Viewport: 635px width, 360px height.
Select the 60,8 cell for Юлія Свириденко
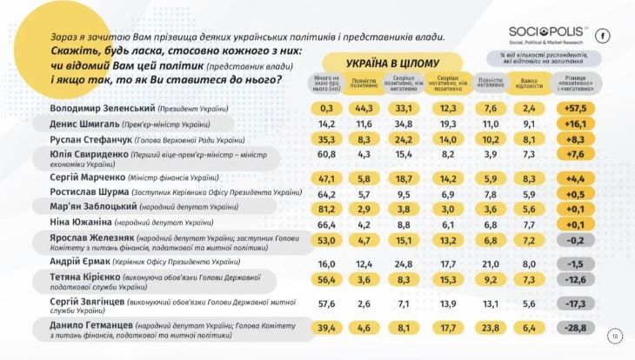pos(327,155)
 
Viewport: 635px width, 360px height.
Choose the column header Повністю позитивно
pos(364,85)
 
